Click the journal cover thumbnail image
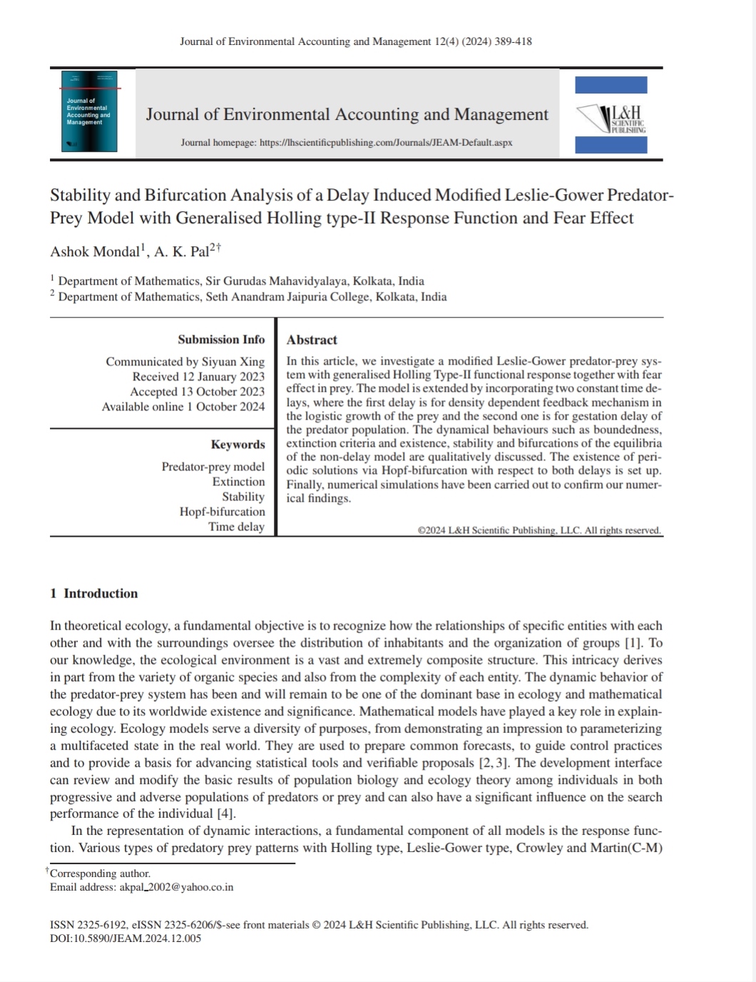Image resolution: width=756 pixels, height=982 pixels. pyautogui.click(x=90, y=111)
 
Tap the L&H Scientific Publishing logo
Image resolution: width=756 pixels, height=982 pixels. pyautogui.click(x=612, y=115)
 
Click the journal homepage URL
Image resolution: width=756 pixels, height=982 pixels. pyautogui.click(x=386, y=143)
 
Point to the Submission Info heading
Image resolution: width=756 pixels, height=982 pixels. pyautogui.click(x=221, y=340)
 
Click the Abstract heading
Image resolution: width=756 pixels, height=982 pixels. pyautogui.click(x=312, y=340)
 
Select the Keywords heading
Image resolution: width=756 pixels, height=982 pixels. pyautogui.click(x=237, y=445)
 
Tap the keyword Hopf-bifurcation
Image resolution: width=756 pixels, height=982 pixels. pyautogui.click(x=222, y=512)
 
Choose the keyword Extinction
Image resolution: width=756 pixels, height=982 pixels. pyautogui.click(x=238, y=482)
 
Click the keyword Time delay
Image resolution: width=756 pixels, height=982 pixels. pyautogui.click(x=236, y=527)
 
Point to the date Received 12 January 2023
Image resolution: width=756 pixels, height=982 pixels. pyautogui.click(x=198, y=377)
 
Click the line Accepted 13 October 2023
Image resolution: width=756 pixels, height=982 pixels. pyautogui.click(x=197, y=392)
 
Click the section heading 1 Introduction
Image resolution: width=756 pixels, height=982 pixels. pyautogui.click(x=94, y=593)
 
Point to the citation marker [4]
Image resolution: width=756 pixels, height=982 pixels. pyautogui.click(x=225, y=814)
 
